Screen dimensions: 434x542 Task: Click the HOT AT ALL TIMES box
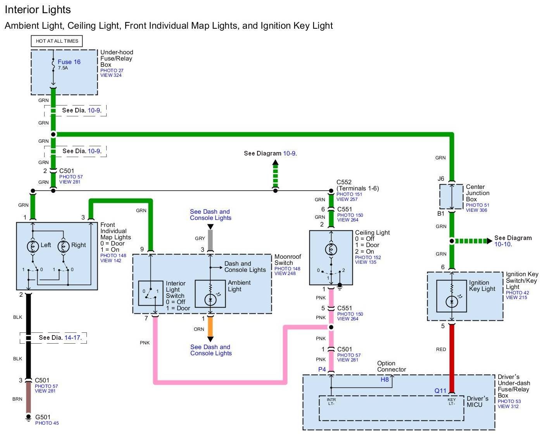click(x=57, y=41)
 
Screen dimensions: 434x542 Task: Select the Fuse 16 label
click(x=69, y=62)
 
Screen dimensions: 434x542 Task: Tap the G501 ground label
click(x=43, y=417)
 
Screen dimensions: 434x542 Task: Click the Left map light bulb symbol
click(x=32, y=246)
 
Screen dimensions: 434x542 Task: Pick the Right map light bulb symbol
click(x=63, y=246)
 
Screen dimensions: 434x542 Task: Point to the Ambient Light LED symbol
click(x=210, y=299)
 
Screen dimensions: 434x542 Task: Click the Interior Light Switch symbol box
click(x=150, y=293)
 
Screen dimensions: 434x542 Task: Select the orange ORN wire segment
click(x=210, y=327)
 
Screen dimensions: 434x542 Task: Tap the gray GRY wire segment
click(x=210, y=240)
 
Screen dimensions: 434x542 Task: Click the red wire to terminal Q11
click(x=452, y=357)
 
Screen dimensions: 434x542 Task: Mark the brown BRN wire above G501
click(x=28, y=398)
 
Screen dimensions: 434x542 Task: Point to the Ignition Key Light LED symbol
click(x=452, y=301)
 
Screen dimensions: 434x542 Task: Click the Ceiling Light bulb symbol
click(x=331, y=249)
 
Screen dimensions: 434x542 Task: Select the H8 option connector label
click(x=384, y=380)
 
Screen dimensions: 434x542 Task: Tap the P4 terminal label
click(x=322, y=369)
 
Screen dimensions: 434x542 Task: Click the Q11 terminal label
click(x=440, y=391)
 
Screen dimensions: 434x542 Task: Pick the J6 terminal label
click(x=441, y=179)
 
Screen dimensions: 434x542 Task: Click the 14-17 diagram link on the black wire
click(x=72, y=338)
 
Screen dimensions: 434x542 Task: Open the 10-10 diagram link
click(x=502, y=244)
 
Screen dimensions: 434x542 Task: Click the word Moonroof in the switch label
click(x=288, y=257)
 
